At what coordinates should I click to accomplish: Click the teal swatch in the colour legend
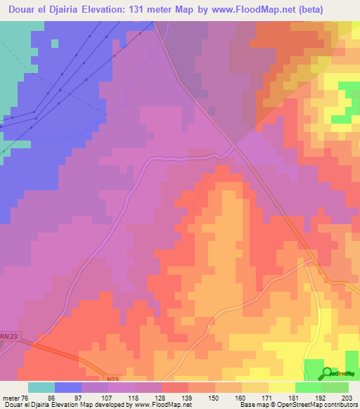click(x=41, y=387)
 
